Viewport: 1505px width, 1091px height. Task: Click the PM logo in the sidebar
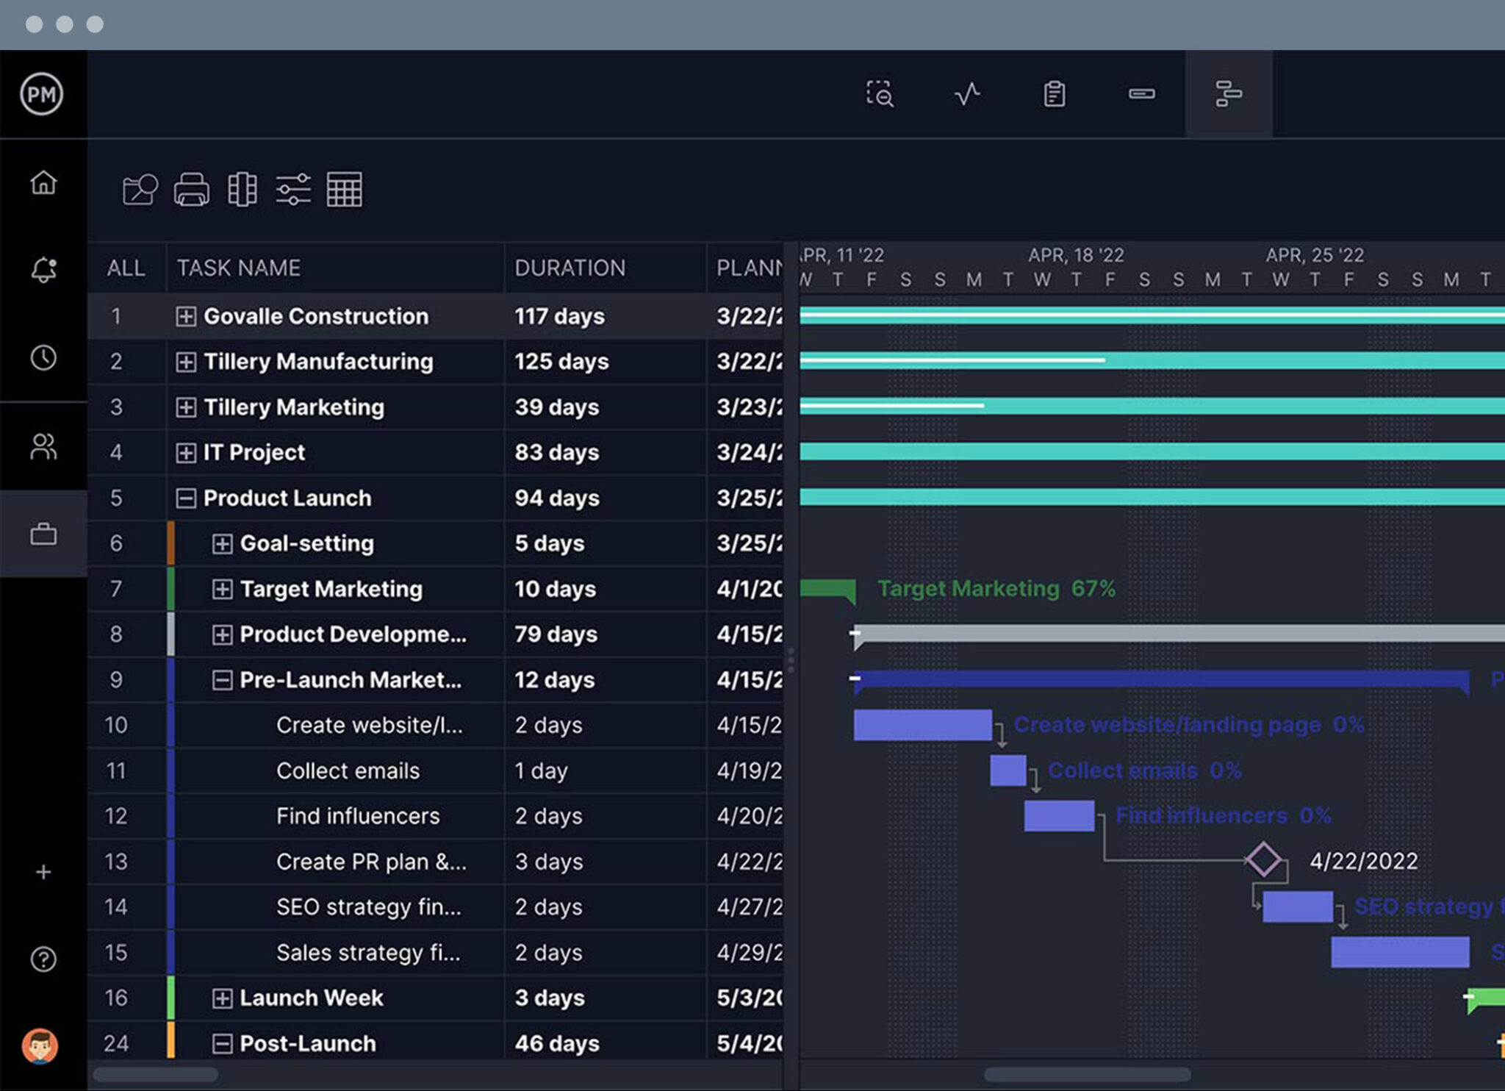(x=42, y=94)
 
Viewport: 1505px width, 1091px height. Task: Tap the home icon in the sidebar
(x=43, y=182)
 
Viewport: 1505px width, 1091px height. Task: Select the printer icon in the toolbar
(x=192, y=190)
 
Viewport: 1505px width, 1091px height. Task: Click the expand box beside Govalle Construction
(x=186, y=316)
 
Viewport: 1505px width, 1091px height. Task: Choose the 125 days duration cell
(x=561, y=362)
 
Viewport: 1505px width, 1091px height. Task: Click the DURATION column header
(x=570, y=268)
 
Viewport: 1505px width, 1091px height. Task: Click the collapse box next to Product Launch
(x=186, y=498)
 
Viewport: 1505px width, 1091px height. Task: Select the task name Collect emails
(x=348, y=770)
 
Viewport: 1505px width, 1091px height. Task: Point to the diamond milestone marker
(x=1263, y=859)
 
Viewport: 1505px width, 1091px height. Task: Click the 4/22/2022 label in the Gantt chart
(x=1363, y=861)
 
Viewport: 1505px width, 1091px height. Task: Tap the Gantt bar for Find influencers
(x=1059, y=816)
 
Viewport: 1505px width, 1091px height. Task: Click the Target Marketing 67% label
(x=996, y=589)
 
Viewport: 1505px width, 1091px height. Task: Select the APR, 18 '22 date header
(x=1076, y=255)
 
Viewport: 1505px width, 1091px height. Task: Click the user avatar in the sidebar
(x=40, y=1045)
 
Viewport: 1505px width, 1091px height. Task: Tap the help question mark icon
(x=43, y=959)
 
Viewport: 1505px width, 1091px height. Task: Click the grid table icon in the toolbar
(x=344, y=190)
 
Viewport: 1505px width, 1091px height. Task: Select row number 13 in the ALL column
(x=116, y=862)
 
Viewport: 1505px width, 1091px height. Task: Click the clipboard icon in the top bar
(x=1055, y=94)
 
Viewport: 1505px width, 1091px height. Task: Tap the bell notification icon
(x=43, y=270)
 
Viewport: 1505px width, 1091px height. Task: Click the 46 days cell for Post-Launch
(x=557, y=1043)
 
